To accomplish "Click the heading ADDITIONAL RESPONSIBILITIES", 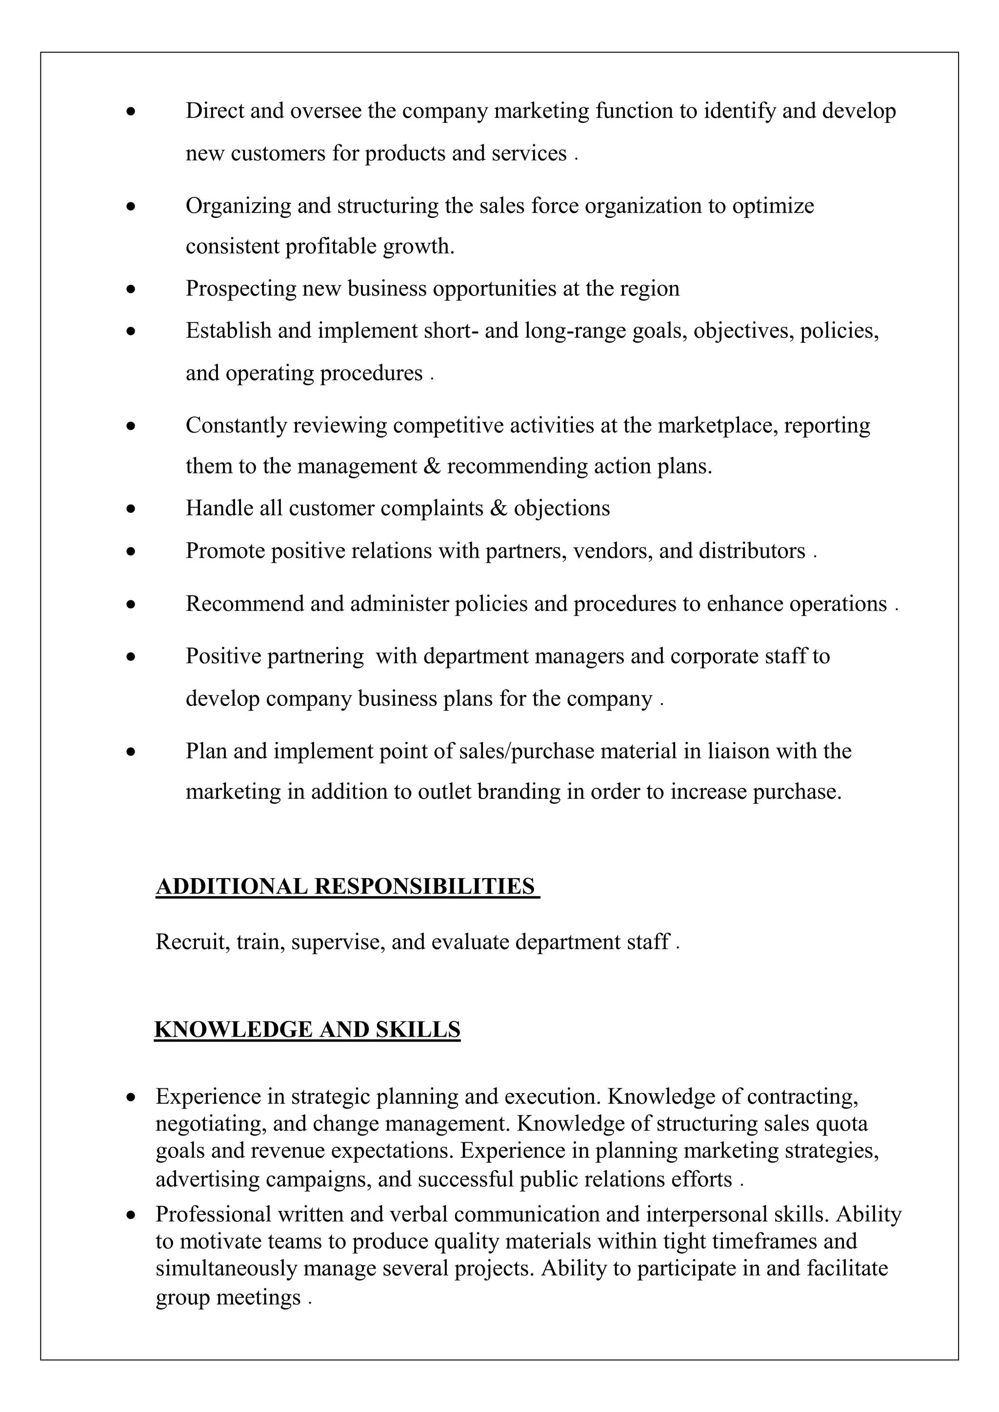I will click(x=346, y=887).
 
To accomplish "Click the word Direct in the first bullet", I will click(x=215, y=111).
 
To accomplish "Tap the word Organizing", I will click(x=238, y=206).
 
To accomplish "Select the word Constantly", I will click(x=236, y=426).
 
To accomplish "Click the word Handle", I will click(x=219, y=509).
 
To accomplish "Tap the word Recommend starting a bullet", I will click(x=244, y=604).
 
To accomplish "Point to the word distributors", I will click(x=752, y=551).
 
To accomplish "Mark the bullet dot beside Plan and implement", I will click(x=130, y=751).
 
